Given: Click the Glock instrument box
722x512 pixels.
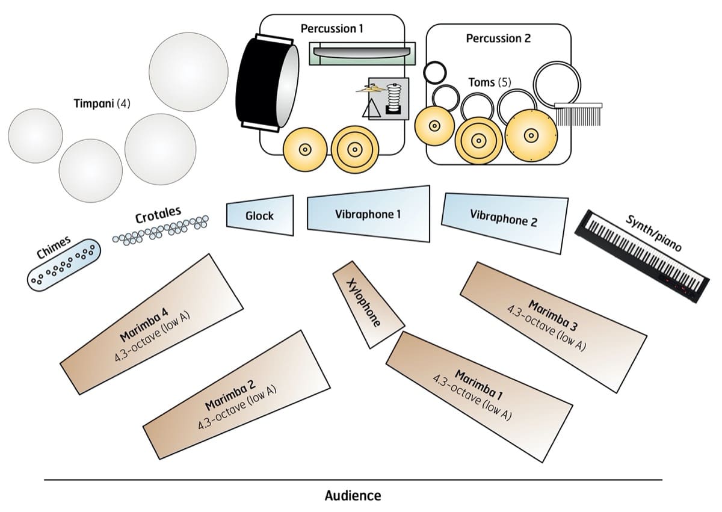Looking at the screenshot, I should pyautogui.click(x=260, y=215).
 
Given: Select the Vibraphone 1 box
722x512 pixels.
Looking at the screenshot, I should pyautogui.click(x=368, y=214).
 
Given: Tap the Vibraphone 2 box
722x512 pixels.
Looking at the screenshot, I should pyautogui.click(x=504, y=219).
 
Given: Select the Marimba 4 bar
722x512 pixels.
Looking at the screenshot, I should pyautogui.click(x=152, y=324).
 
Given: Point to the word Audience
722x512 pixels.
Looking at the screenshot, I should pyautogui.click(x=353, y=496).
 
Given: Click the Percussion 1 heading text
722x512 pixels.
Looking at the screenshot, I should pyautogui.click(x=332, y=28).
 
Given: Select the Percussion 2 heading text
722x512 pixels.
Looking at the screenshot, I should pyautogui.click(x=498, y=39).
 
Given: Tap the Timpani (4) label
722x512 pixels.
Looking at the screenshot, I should pyautogui.click(x=102, y=103).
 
